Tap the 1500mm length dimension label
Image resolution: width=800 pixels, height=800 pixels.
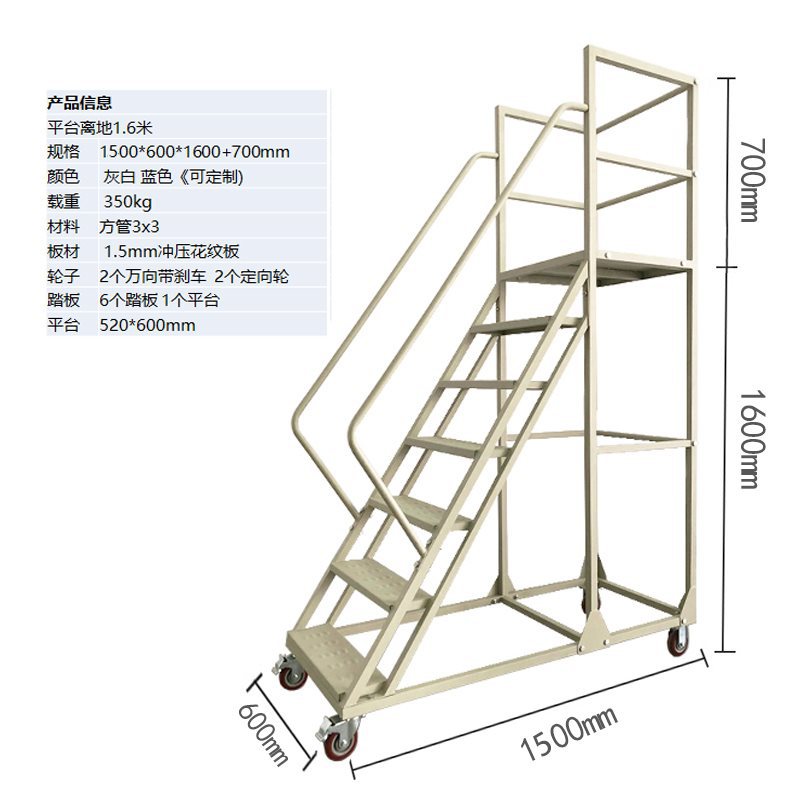click(x=571, y=734)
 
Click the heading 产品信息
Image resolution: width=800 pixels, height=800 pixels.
click(x=79, y=102)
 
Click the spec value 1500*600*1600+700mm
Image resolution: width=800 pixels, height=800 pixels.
click(x=195, y=152)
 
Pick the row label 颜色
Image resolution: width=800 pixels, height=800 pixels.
click(x=63, y=177)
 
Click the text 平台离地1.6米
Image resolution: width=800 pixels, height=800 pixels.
click(x=99, y=127)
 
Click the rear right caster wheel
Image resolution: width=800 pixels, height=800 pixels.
click(x=678, y=640)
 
